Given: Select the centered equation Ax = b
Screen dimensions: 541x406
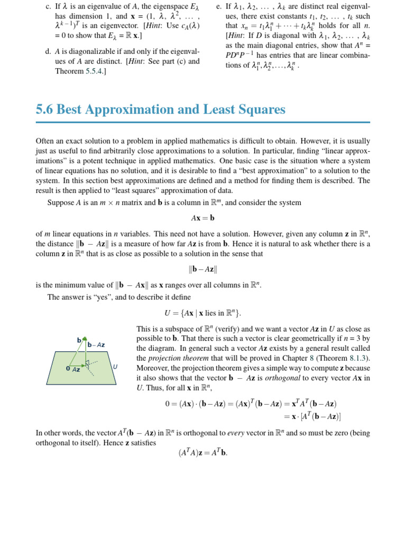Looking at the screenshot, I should coord(203,218).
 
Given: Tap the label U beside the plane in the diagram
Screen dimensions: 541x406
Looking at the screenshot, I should coord(115,366).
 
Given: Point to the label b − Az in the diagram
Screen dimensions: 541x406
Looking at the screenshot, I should coord(96,345).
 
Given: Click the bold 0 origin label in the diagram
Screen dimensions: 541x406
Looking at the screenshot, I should coord(68,369).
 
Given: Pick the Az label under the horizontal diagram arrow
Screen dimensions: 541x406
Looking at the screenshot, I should coord(76,370).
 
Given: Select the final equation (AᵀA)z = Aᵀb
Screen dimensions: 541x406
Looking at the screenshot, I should coord(203,453).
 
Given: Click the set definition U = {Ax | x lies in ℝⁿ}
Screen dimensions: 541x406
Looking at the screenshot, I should coord(203,313).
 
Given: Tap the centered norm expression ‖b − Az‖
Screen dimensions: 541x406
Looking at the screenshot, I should coord(203,269).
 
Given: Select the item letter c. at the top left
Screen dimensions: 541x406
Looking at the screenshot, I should coord(48,6).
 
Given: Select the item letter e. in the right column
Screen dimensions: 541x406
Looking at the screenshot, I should coord(220,6).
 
